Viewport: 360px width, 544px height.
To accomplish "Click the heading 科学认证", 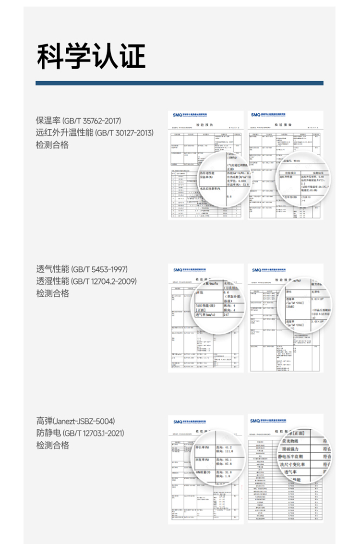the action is pos(91,57).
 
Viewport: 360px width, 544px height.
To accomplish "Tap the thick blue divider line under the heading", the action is pos(180,83).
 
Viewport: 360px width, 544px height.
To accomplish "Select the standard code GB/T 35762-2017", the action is pos(92,121).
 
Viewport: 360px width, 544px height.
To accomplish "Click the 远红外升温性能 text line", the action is pos(65,133).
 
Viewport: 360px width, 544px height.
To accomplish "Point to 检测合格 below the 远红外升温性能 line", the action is pos(52,145).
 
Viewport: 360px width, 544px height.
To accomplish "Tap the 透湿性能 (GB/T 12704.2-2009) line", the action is pos(86,281).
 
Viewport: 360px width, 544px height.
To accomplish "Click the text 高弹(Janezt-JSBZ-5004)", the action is pos(75,421).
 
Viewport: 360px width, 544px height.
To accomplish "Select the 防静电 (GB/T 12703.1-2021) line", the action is pos(80,433).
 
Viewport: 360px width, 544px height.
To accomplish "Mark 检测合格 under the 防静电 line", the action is pos(52,445).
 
